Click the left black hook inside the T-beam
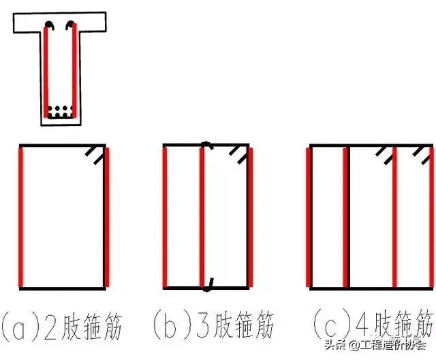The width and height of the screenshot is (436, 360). click(x=50, y=27)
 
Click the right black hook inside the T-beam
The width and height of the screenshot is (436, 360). click(x=69, y=27)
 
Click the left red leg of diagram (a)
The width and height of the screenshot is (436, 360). click(x=22, y=216)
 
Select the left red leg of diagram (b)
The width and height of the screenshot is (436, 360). click(x=166, y=216)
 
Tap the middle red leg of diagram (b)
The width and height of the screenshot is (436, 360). click(x=202, y=216)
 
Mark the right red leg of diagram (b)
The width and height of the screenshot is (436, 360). click(x=251, y=216)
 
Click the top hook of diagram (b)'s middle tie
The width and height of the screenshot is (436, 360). click(x=206, y=144)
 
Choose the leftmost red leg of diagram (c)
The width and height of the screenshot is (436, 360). click(x=311, y=216)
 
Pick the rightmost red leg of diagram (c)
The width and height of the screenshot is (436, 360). click(x=431, y=216)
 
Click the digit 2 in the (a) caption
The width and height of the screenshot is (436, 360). click(x=57, y=325)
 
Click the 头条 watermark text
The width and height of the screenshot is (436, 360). click(x=334, y=344)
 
